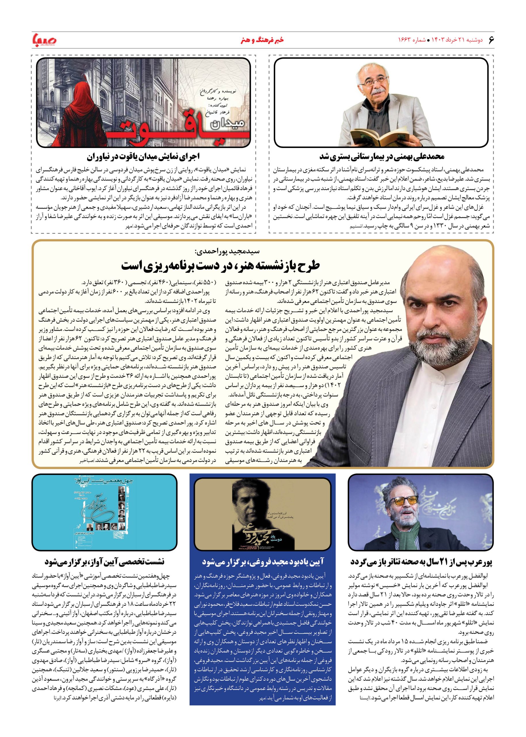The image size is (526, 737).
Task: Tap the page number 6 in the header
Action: tap(491, 39)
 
